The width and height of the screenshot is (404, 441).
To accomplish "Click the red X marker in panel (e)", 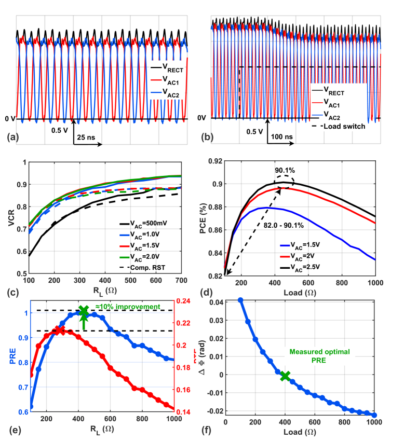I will click(60, 330).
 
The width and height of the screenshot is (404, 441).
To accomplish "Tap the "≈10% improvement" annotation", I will click(127, 307).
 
